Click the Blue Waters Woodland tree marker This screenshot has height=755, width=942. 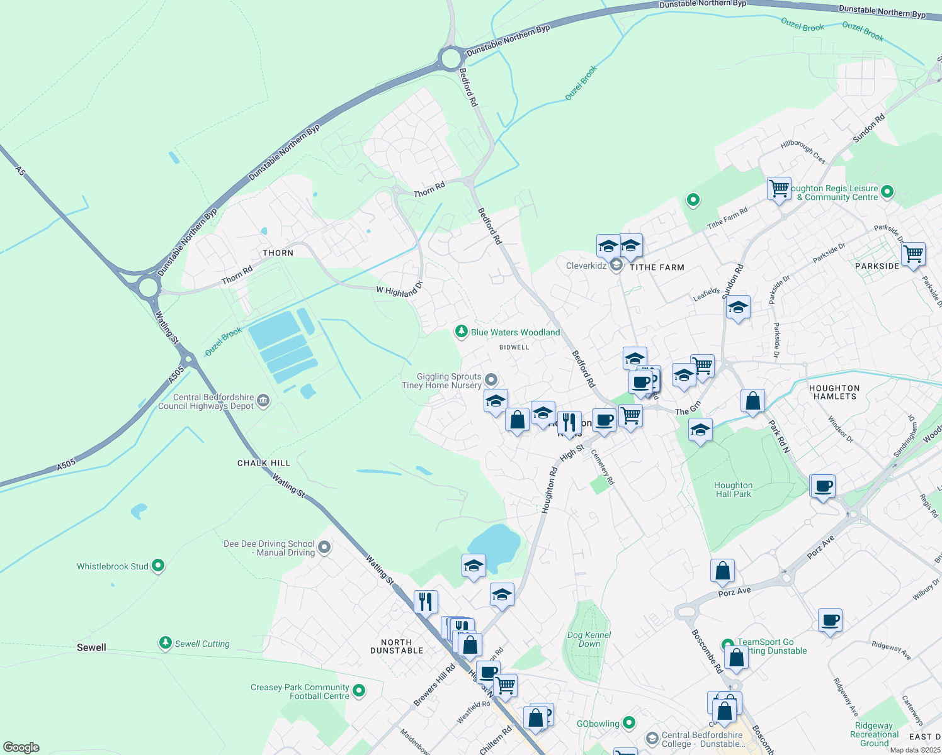point(462,332)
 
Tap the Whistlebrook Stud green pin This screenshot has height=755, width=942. point(158,566)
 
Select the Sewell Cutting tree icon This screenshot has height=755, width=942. point(165,642)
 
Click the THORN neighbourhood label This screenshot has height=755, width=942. point(278,253)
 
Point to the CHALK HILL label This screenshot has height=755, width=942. point(264,463)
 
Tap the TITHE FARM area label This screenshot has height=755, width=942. point(657,267)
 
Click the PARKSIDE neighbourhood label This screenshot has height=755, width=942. point(877,266)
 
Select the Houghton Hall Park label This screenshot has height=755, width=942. point(733,489)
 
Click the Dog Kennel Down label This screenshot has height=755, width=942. point(589,639)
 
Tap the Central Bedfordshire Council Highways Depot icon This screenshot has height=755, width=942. point(263,400)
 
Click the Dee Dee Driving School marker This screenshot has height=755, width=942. point(324,547)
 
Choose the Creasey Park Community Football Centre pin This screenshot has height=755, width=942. point(359,691)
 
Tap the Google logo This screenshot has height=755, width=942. point(21,747)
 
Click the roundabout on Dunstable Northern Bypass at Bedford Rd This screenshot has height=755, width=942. point(451,59)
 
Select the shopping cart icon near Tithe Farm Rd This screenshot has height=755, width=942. point(779,188)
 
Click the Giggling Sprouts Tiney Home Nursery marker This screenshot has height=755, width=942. point(492,379)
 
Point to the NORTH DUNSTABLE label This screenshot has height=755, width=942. point(397,646)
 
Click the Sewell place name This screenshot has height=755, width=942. point(91,647)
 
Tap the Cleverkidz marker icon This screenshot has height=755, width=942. point(617,266)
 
